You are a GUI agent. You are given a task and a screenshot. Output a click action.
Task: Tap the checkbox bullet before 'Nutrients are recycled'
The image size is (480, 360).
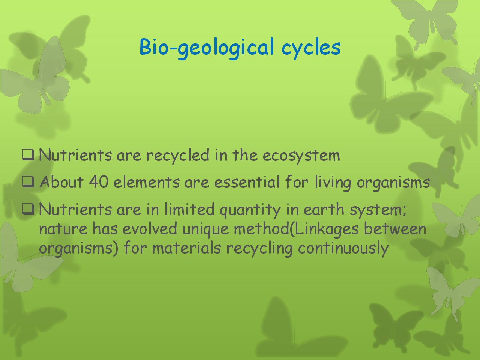click(x=28, y=155)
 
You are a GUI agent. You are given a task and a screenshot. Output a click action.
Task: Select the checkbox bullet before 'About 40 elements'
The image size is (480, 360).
click(x=28, y=182)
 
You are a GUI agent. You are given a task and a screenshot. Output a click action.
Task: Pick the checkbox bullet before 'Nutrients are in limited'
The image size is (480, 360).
click(x=28, y=209)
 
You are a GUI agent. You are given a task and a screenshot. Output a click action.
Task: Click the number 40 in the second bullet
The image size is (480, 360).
click(x=99, y=182)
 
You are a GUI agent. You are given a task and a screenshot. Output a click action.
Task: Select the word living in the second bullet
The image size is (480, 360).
click(x=333, y=183)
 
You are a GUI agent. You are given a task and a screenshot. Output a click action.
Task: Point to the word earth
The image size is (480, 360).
click(x=324, y=209)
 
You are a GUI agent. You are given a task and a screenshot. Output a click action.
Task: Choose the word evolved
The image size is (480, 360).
click(x=150, y=228)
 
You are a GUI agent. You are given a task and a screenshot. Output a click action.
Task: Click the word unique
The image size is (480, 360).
click(x=205, y=230)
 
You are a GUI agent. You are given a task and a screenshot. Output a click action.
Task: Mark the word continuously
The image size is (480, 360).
click(x=343, y=249)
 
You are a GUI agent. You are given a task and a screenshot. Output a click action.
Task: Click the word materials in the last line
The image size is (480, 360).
click(x=186, y=248)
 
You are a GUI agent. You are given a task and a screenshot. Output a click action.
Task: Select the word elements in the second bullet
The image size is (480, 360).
click(x=147, y=182)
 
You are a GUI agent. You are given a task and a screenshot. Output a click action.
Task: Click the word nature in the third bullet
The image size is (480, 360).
click(x=63, y=229)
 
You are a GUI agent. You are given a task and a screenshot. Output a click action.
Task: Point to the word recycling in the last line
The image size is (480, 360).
click(x=259, y=249)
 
